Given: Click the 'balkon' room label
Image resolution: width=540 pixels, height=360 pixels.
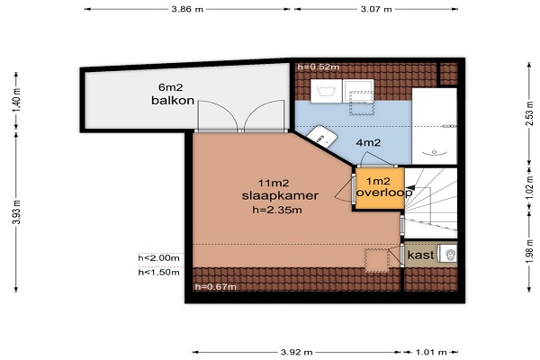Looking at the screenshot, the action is click(173, 100).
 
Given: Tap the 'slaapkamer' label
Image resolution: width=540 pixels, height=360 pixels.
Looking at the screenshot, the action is click(280, 195).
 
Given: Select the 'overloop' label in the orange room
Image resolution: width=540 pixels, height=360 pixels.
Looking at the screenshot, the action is click(384, 193).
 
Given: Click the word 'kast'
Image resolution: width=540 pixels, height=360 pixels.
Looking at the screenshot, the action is click(420, 255).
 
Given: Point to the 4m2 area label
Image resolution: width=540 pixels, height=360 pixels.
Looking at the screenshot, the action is click(368, 142).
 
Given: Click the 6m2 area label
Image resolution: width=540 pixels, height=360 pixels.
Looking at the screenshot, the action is click(170, 87).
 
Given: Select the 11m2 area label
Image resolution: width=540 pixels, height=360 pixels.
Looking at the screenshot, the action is click(274, 183).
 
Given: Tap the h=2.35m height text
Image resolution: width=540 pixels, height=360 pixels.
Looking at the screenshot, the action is click(277, 210).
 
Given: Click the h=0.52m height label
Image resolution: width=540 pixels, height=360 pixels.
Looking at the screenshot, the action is click(319, 67).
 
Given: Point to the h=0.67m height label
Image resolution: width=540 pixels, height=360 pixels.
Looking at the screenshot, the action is click(216, 286).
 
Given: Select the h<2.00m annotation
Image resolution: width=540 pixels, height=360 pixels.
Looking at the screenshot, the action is click(158, 258).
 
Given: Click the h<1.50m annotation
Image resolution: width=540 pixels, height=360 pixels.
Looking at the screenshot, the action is click(158, 272).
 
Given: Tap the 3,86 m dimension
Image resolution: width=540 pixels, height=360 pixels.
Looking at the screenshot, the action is click(187, 9).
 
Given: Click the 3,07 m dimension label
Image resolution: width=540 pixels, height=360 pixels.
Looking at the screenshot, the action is click(376, 9).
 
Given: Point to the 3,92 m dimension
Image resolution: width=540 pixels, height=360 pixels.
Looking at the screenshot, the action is click(296, 352).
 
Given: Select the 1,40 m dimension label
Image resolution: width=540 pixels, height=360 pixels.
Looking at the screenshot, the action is click(16, 100).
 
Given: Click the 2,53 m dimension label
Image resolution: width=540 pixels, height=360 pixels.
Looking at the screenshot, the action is click(530, 113).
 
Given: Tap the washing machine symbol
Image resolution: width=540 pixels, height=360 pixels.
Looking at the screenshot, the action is click(326, 91).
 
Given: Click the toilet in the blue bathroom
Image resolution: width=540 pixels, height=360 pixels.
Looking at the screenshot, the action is click(321, 137).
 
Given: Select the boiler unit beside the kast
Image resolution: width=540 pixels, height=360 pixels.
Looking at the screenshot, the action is click(449, 255).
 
